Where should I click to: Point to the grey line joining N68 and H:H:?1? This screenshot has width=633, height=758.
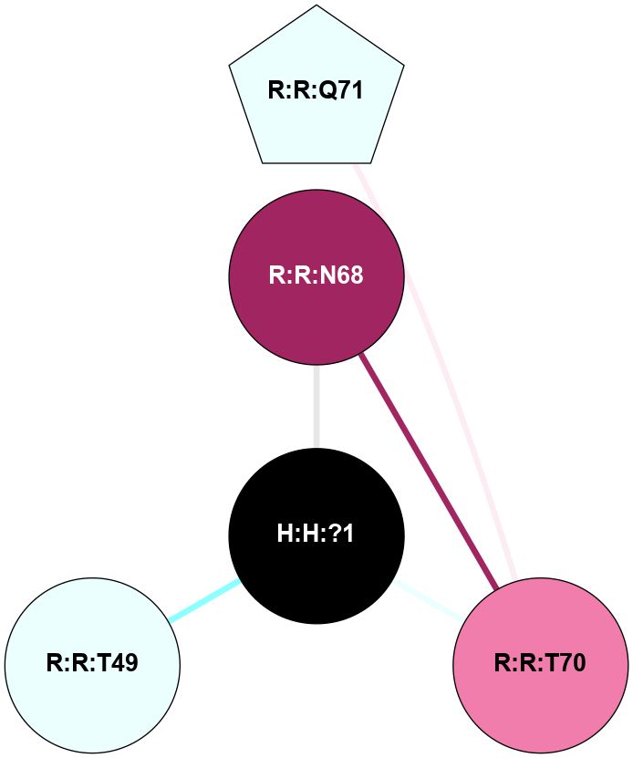point(316,406)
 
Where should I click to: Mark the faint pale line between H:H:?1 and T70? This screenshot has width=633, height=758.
point(429,599)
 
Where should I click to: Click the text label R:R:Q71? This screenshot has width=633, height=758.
point(316,90)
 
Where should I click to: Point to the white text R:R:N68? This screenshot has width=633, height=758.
point(316,275)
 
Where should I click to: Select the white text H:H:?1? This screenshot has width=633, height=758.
point(316,534)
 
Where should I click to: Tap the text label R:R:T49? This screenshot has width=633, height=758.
point(92,663)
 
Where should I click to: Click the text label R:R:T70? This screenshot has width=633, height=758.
point(540,663)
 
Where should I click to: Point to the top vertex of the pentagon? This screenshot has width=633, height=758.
point(316,6)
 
